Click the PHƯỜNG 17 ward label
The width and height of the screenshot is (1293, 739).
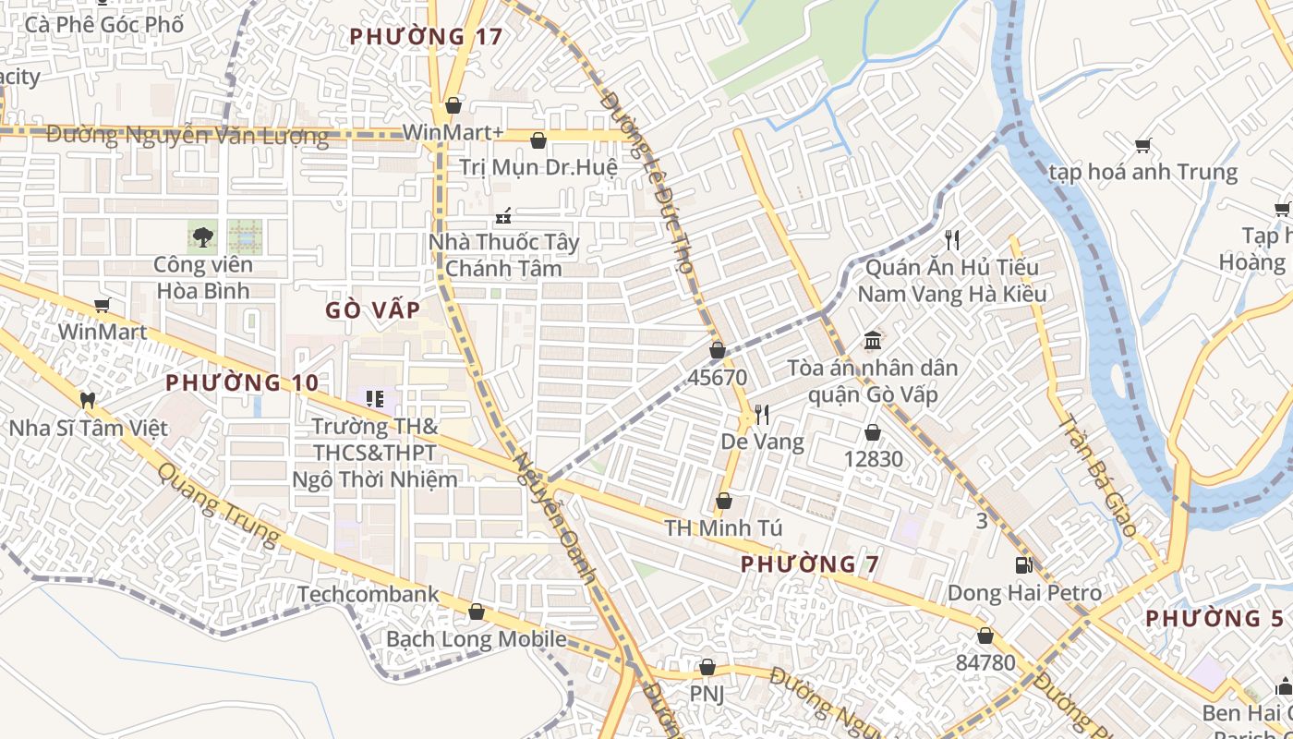[426, 37]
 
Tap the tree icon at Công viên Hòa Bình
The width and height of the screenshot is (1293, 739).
[202, 236]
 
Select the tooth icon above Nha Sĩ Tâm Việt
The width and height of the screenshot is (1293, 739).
[88, 401]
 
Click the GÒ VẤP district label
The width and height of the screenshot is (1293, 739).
[372, 310]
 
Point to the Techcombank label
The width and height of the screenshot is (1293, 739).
[368, 594]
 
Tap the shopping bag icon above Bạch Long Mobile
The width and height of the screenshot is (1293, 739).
[477, 612]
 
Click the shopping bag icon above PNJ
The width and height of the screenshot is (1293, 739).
[707, 667]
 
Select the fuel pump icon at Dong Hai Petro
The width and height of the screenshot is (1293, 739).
[1023, 565]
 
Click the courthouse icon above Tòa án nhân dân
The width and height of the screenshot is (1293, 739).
[873, 340]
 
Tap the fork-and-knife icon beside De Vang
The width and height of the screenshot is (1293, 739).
[762, 414]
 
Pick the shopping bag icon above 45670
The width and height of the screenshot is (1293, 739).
[718, 350]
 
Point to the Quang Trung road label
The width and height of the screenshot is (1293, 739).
[218, 503]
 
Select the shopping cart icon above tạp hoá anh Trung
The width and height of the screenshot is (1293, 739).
[1143, 145]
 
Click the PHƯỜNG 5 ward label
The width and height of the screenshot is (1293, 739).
[1214, 619]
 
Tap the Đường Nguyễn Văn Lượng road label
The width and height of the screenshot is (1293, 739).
[187, 136]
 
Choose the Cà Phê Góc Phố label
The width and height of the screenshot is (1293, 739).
[103, 24]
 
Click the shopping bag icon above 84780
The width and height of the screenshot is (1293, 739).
[985, 636]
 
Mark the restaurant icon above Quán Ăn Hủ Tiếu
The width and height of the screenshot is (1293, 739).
[952, 240]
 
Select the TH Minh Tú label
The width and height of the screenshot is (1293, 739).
[723, 528]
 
